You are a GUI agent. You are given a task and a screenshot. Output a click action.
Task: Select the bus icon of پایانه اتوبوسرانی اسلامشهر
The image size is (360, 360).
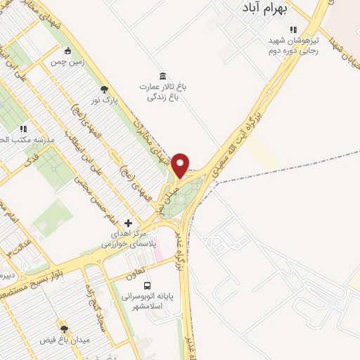click(x=148, y=285)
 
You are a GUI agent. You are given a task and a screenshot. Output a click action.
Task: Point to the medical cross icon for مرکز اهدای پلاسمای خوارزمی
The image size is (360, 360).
click(x=127, y=222)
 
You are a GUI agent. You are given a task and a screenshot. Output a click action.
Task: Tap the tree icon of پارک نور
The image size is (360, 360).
click(x=105, y=89)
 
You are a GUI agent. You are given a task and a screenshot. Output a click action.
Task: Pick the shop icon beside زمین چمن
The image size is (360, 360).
click(x=67, y=51)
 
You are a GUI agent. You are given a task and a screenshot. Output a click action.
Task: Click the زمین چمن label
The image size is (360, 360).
click(x=66, y=62)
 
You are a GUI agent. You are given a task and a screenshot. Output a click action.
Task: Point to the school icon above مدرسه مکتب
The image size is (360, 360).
click(x=23, y=129)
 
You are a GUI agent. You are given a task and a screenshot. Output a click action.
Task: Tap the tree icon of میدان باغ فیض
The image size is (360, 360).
click(x=64, y=328)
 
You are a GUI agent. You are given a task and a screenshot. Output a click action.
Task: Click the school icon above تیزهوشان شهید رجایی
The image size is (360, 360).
click(x=294, y=30)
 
